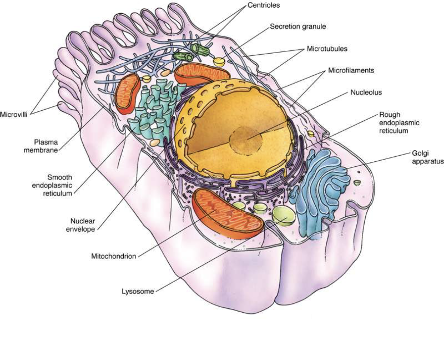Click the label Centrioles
click(264, 5)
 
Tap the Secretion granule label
click(298, 27)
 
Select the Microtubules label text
click(327, 49)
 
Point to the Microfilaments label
click(351, 70)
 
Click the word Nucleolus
click(366, 92)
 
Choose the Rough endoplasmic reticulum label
click(399, 123)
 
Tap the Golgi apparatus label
click(428, 157)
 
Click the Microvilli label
click(14, 115)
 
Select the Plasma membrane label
click(41, 146)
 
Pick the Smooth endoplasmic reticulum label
click(52, 185)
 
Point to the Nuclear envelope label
click(81, 225)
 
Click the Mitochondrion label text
click(114, 257)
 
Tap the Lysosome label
click(138, 291)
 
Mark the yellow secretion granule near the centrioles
click(219, 62)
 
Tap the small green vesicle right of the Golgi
click(357, 183)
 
